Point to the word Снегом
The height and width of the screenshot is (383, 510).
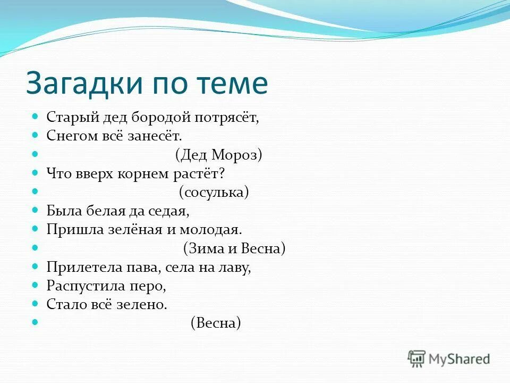click(69, 136)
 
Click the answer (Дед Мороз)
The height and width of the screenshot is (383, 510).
click(218, 155)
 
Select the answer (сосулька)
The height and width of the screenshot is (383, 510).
click(214, 192)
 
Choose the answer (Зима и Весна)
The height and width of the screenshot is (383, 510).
click(234, 248)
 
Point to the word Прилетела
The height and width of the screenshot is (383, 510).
click(80, 267)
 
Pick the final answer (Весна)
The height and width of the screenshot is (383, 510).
click(216, 323)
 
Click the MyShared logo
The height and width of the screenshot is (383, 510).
click(449, 359)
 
